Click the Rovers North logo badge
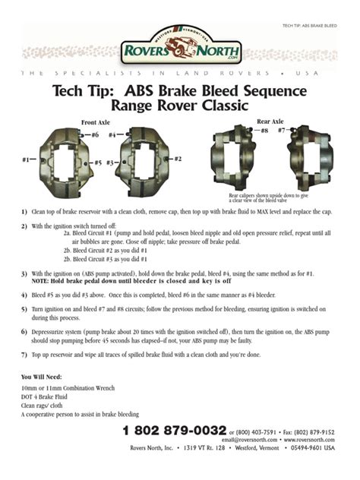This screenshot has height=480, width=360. [x=179, y=45]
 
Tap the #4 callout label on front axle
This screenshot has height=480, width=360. [x=113, y=134]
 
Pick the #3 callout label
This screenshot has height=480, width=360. [x=109, y=163]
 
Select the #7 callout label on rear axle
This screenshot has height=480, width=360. [x=282, y=130]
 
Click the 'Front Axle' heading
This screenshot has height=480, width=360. [x=95, y=122]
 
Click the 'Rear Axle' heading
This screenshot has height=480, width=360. [x=270, y=121]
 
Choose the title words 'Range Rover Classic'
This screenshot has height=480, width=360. [x=180, y=107]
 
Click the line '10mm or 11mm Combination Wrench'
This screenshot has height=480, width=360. [x=68, y=388]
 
